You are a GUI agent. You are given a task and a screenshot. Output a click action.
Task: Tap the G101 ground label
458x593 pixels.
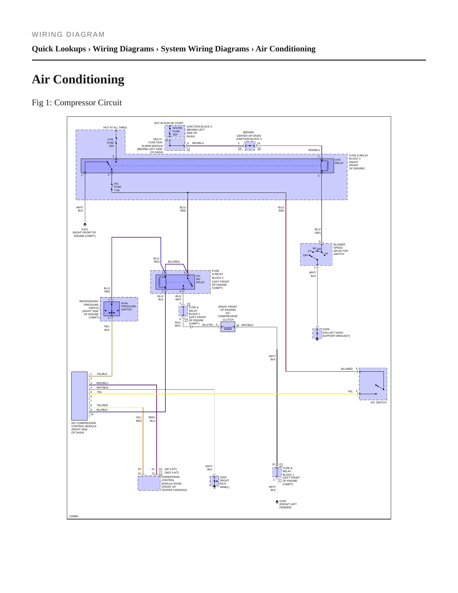[x=85, y=229]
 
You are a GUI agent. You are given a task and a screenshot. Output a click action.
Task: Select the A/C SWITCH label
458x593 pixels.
[x=378, y=402]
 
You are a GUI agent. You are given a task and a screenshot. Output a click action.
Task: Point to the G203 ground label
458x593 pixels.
[x=223, y=477]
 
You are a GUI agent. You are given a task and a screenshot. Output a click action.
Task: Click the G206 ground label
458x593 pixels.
[x=326, y=329]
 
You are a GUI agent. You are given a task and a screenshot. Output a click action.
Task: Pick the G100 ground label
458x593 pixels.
[x=283, y=501]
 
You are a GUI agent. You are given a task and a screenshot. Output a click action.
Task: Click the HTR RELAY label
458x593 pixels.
[x=339, y=161]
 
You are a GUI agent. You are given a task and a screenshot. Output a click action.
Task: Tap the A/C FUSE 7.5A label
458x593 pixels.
[x=117, y=187]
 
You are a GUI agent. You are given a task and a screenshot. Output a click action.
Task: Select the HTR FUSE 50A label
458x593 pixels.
[x=110, y=143]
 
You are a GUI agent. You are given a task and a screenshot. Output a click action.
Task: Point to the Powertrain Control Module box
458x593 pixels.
[x=149, y=483]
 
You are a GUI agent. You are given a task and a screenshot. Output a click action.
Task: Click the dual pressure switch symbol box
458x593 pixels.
[x=112, y=309]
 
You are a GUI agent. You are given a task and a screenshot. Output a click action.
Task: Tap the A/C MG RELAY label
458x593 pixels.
[x=200, y=279]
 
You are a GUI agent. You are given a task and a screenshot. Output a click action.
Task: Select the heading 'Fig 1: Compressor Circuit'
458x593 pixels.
[x=77, y=103]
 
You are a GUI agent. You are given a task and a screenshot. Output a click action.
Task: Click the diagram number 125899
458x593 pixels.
[x=74, y=516]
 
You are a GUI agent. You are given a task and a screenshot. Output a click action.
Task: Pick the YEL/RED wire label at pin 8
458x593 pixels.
[x=102, y=405]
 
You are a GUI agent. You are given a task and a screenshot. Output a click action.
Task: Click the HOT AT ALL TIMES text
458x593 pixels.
[x=115, y=127]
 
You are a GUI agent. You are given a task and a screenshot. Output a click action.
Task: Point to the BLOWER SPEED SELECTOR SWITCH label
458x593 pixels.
[x=341, y=249]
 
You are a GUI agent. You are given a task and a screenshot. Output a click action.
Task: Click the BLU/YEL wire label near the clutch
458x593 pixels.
[x=208, y=325]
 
